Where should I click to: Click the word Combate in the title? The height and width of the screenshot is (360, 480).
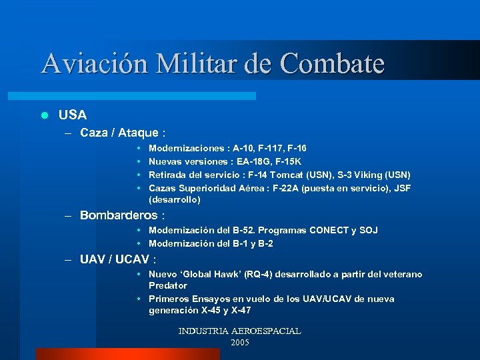pos(333,63)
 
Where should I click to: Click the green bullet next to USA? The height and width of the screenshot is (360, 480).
pos(45,115)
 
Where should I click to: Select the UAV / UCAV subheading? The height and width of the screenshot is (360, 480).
pos(118,259)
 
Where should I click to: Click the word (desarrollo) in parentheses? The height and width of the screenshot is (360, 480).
pos(174,199)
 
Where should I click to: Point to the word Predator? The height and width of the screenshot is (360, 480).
pos(167,285)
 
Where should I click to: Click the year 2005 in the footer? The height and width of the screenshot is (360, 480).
pos(239,342)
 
